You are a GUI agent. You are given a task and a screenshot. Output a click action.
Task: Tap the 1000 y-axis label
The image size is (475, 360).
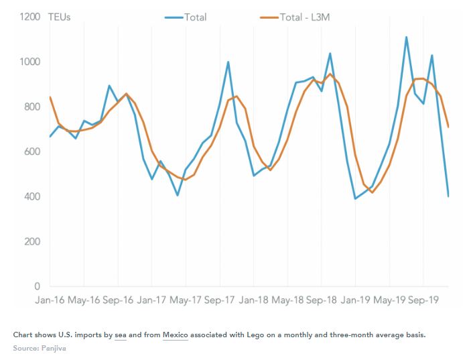click(x=31, y=62)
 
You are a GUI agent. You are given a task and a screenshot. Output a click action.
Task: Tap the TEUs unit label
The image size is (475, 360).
click(x=60, y=17)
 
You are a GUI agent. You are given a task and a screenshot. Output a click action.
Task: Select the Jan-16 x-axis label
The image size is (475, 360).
click(x=51, y=300)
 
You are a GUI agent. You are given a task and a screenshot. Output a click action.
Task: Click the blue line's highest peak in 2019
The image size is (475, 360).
click(x=407, y=38)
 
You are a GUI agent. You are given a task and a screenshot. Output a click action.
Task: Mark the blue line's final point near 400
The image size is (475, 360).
click(x=448, y=196)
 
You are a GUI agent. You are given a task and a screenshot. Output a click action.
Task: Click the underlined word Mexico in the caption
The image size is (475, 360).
click(x=176, y=335)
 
